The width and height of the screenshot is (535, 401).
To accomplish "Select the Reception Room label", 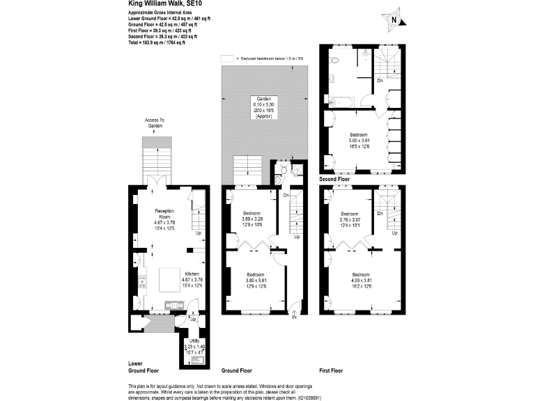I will tap(164, 215).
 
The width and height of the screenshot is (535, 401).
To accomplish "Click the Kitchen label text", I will tap(192, 279).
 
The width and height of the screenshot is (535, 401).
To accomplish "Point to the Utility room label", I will tap(194, 345).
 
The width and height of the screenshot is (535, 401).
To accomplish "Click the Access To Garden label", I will tap(155, 123).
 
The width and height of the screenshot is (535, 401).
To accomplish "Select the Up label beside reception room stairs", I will tap(199, 233).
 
